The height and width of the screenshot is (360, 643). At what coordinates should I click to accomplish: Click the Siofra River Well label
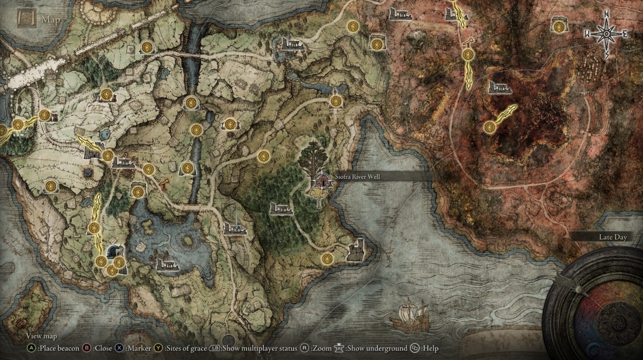tap(357, 177)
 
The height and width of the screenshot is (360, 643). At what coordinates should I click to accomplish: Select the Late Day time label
tap(612, 237)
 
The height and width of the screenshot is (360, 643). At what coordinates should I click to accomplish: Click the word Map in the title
tap(50, 20)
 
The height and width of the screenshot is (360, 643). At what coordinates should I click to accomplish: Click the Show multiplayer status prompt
tap(259, 348)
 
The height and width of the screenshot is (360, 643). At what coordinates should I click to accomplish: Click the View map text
tap(42, 336)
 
